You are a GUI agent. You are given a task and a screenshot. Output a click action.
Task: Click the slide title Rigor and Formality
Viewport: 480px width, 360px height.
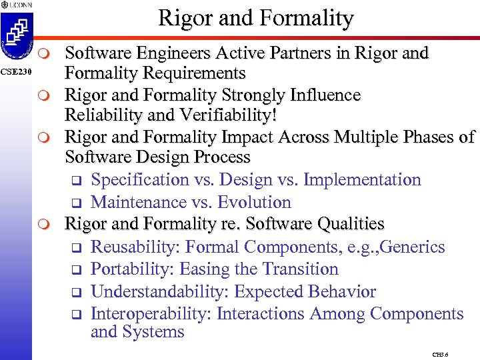point(256,18)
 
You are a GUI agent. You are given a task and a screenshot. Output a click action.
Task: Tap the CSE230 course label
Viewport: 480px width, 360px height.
point(15,71)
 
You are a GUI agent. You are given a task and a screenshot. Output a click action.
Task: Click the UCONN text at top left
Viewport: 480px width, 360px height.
point(20,5)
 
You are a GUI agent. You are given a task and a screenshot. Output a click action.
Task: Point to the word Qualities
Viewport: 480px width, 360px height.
point(348,224)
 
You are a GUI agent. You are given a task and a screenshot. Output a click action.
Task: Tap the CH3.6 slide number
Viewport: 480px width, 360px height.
point(440,355)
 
